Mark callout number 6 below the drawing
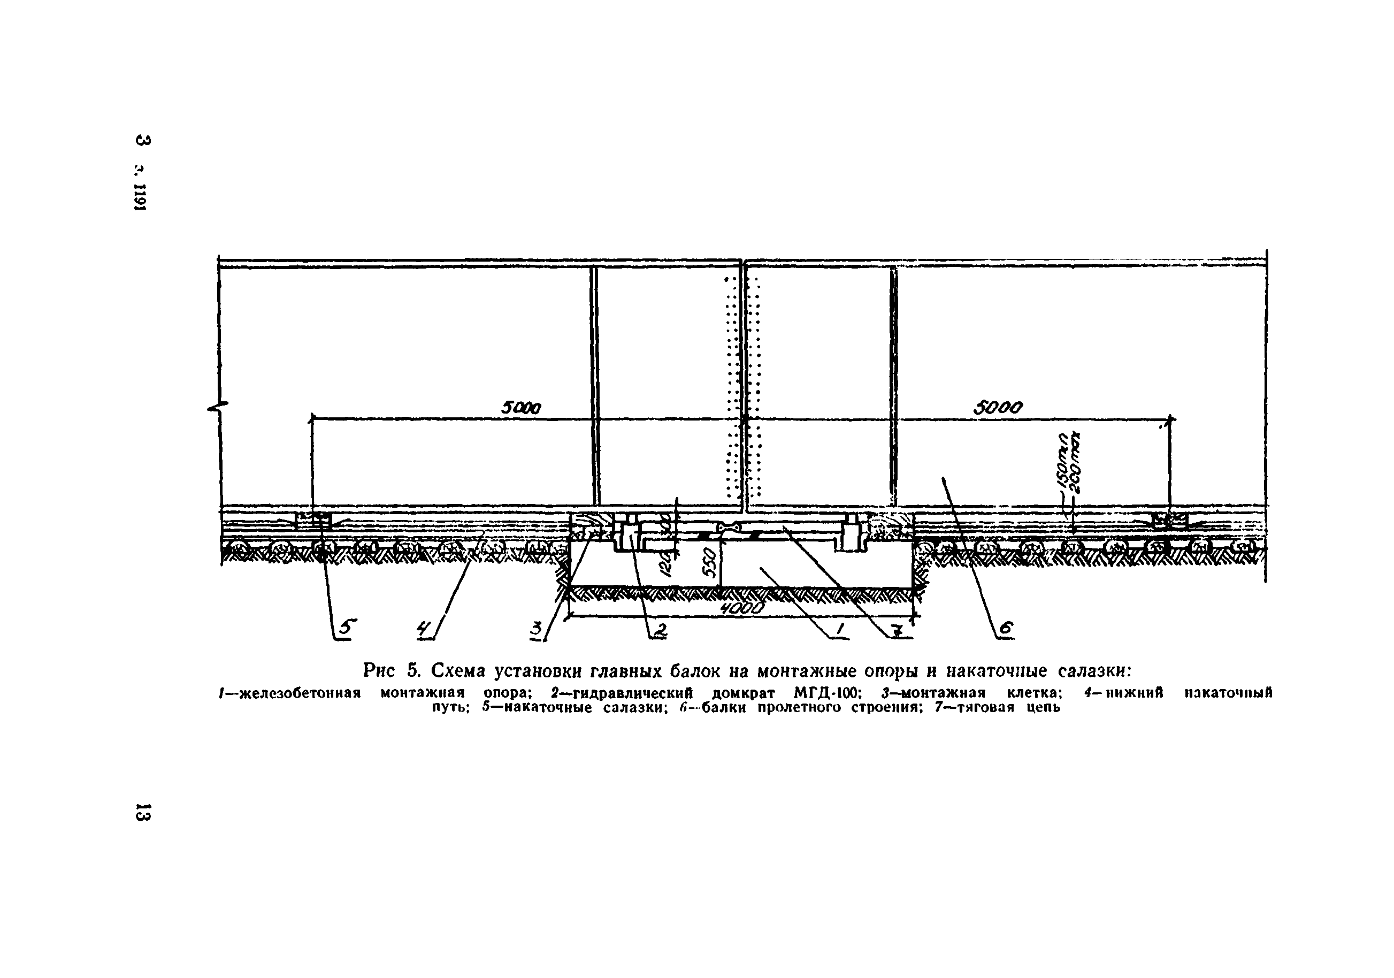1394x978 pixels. [1006, 630]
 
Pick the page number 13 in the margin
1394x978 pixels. [143, 812]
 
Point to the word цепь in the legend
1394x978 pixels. [1043, 707]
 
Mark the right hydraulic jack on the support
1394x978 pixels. [849, 533]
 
